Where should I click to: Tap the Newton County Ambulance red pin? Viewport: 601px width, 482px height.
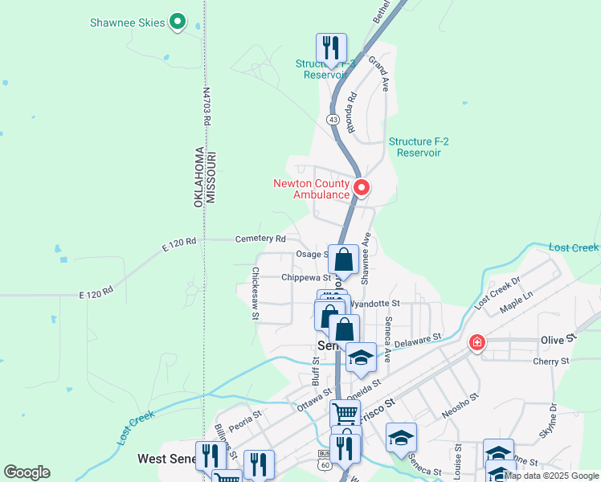pyautogui.click(x=362, y=188)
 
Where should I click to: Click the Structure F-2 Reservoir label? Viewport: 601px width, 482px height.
pyautogui.click(x=419, y=146)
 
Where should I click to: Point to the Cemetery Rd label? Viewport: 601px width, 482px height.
pyautogui.click(x=260, y=239)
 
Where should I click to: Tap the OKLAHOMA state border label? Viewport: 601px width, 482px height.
pyautogui.click(x=198, y=178)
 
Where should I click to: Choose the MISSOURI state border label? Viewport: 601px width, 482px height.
pyautogui.click(x=212, y=178)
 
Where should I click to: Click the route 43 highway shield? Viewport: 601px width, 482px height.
pyautogui.click(x=333, y=118)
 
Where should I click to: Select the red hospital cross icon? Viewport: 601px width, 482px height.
pyautogui.click(x=477, y=342)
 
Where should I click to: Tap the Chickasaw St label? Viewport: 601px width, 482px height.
pyautogui.click(x=256, y=293)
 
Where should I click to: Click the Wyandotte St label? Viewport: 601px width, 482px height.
pyautogui.click(x=380, y=304)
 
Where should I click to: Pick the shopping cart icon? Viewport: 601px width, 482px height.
pyautogui.click(x=345, y=413)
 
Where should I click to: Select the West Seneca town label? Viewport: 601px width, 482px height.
pyautogui.click(x=166, y=459)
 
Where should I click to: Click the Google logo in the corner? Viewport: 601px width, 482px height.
pyautogui.click(x=27, y=472)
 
